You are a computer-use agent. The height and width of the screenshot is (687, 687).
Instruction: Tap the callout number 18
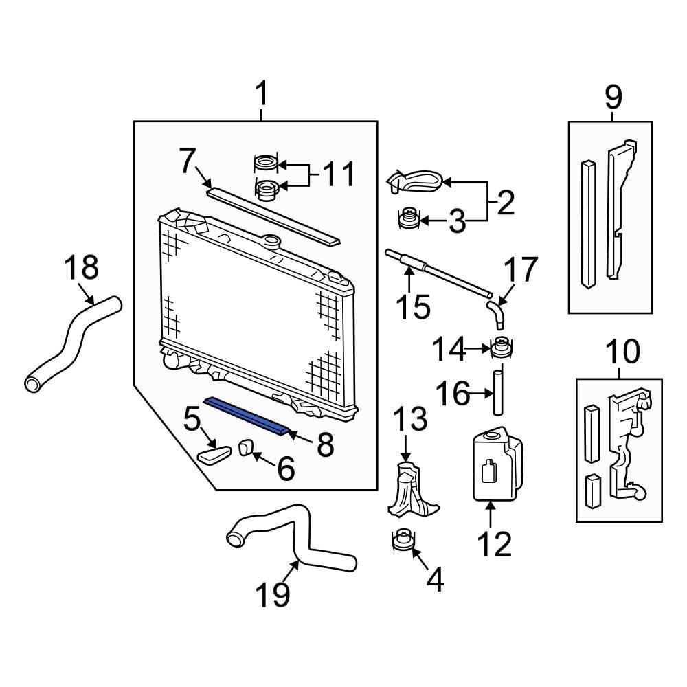pos(82,268)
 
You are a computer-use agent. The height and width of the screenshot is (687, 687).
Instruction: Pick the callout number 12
pos(495,544)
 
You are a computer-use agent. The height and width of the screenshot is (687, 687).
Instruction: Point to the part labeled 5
pos(214,455)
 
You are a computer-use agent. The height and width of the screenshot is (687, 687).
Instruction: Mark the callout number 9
pos(613,97)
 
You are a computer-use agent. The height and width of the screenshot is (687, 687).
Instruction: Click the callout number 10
pos(621,354)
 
